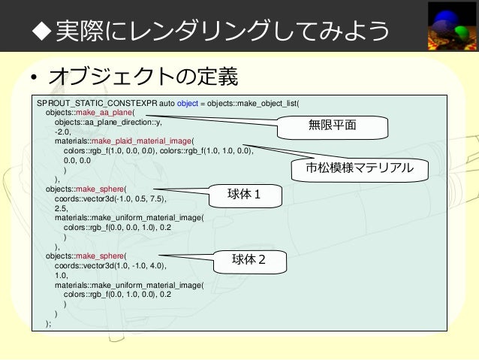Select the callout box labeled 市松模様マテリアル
360,168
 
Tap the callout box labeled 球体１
244,195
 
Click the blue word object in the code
188,104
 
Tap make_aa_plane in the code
102,113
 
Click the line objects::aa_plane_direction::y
107,122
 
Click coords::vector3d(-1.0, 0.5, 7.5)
110,200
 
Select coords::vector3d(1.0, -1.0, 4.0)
110,266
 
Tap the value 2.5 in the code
61,209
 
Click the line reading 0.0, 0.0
78,159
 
